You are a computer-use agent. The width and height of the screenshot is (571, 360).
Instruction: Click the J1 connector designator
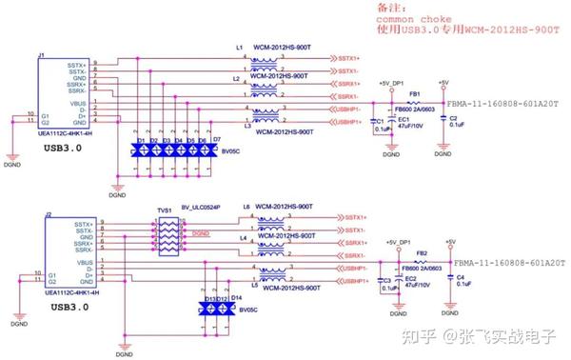(x=40, y=56)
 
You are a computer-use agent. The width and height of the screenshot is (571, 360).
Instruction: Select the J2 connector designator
(x=47, y=216)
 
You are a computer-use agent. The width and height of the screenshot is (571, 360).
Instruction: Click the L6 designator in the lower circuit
(x=245, y=207)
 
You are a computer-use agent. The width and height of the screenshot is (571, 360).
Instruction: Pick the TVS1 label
(x=165, y=208)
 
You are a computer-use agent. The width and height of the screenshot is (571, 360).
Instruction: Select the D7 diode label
(x=216, y=139)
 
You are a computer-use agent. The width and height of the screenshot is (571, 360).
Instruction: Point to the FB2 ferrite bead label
(x=420, y=253)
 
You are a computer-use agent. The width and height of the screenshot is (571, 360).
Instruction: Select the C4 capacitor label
(x=459, y=277)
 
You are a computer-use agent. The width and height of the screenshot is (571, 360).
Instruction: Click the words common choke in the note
(x=405, y=19)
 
